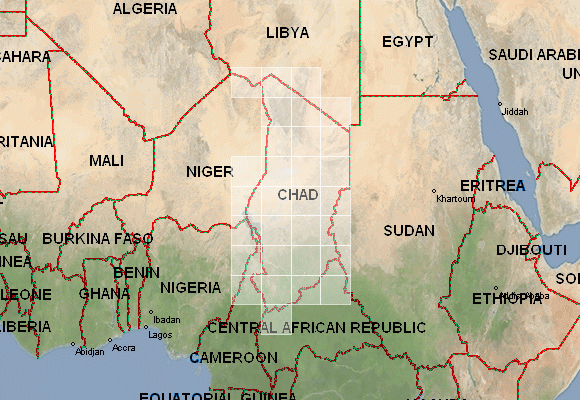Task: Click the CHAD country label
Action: (297, 194)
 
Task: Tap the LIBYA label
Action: (288, 33)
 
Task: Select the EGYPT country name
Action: (408, 42)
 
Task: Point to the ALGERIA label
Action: (146, 9)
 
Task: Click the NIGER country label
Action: (209, 172)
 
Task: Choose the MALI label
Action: (106, 160)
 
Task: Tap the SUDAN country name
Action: (409, 231)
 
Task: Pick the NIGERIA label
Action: (190, 287)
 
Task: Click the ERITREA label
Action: (492, 187)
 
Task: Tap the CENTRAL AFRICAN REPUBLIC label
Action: (316, 327)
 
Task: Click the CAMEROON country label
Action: (233, 357)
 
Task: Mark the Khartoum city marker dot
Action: (434, 191)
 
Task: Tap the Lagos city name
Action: (156, 335)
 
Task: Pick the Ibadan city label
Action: (166, 319)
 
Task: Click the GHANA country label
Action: (104, 294)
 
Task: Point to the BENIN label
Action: (137, 272)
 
